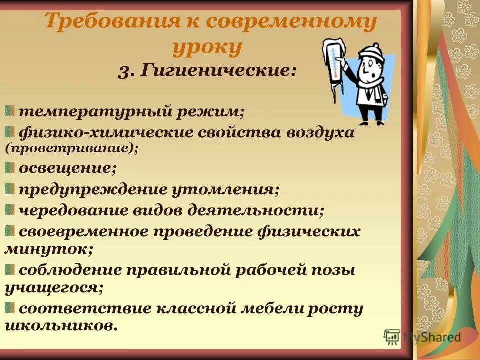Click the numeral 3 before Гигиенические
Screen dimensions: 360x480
pyautogui.click(x=125, y=71)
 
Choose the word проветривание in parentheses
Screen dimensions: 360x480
pyautogui.click(x=71, y=148)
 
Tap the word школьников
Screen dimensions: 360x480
pyautogui.click(x=61, y=326)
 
